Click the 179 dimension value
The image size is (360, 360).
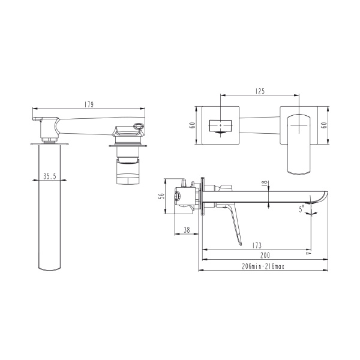(x=89, y=104)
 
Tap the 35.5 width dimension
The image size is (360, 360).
(x=50, y=176)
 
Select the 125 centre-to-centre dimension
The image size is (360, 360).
(x=260, y=91)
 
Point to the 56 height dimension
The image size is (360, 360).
(x=162, y=196)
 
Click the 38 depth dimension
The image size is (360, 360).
(x=187, y=230)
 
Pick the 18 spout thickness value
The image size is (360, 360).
(x=265, y=183)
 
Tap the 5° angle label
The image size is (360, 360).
(x=302, y=209)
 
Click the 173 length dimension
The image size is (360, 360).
(x=257, y=245)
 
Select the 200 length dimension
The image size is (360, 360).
(x=265, y=256)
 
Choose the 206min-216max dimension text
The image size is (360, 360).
(x=263, y=266)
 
